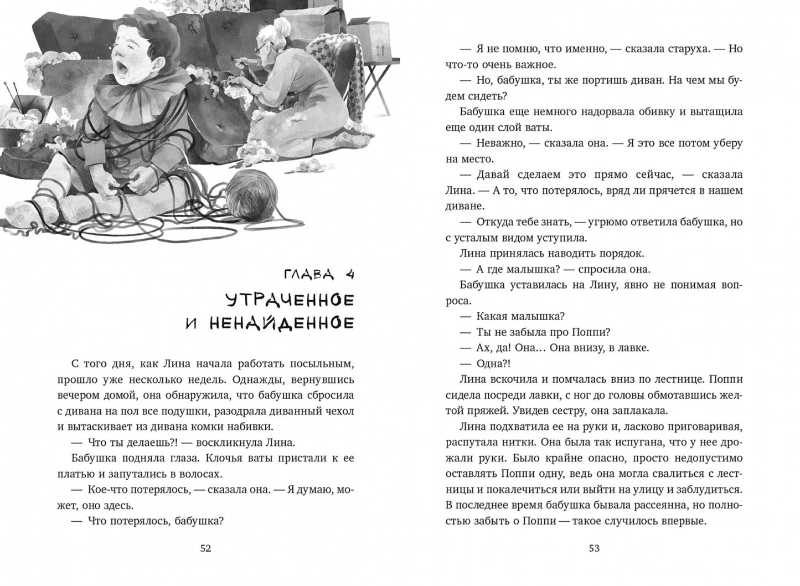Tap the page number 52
tap(205, 548)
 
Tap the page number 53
tap(594, 548)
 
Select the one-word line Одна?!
tap(494, 363)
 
